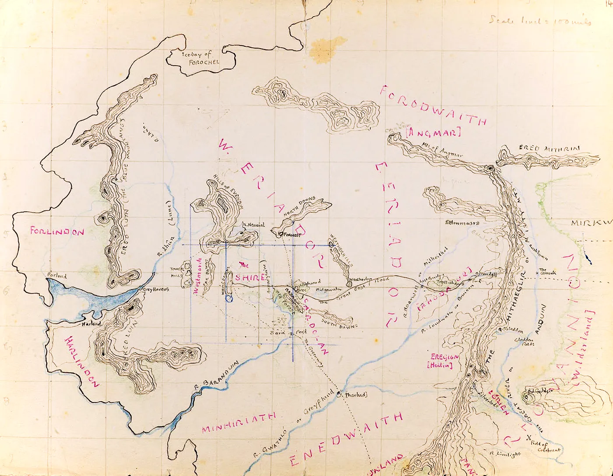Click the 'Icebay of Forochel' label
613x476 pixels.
(x=201, y=59)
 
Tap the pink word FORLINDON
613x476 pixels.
(x=57, y=231)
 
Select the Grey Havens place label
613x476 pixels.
(x=154, y=289)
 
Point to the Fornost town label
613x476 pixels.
(x=292, y=235)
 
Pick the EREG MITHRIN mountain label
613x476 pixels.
(x=549, y=149)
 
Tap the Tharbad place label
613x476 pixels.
(x=356, y=395)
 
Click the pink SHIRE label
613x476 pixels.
(x=250, y=277)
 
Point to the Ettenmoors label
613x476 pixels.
(x=462, y=223)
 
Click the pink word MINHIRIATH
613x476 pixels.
(x=239, y=423)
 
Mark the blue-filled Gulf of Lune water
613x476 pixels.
(x=101, y=300)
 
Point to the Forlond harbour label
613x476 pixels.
(x=57, y=276)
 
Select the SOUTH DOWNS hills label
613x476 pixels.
(x=339, y=323)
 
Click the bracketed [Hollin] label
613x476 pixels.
(x=440, y=365)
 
